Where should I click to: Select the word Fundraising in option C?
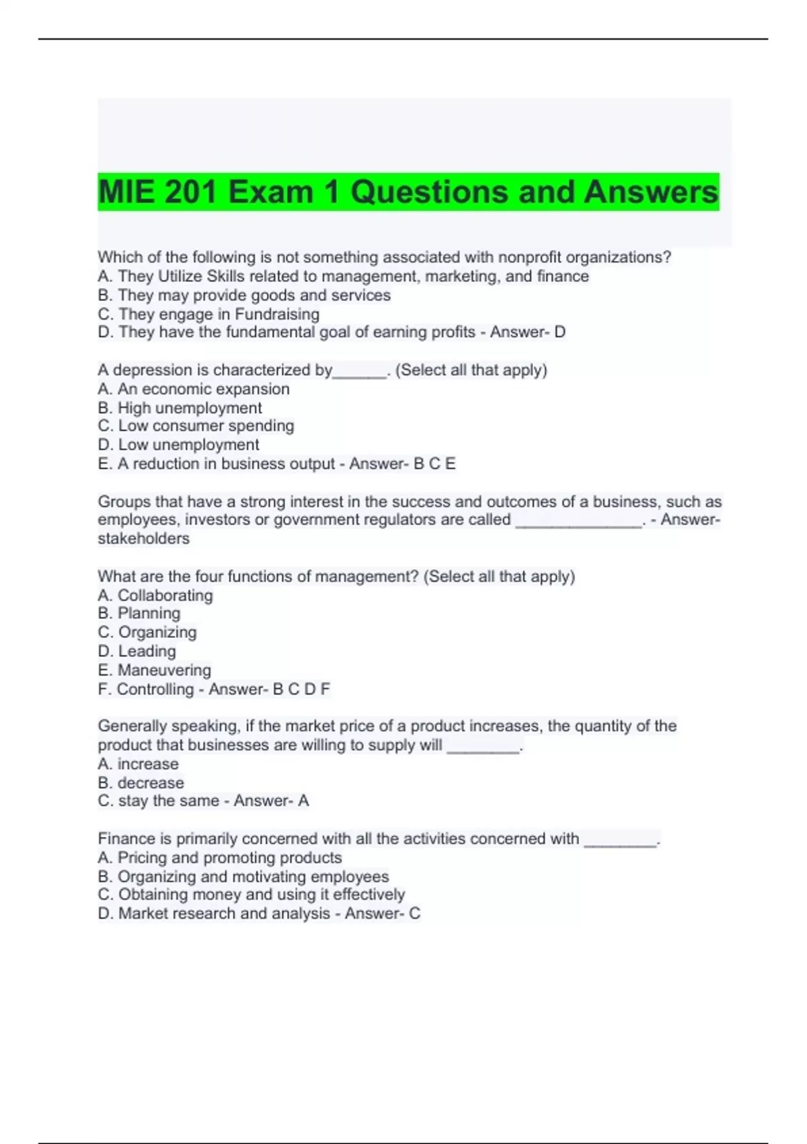pos(276,314)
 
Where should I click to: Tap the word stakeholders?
pos(143,538)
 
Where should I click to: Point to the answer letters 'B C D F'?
pos(301,689)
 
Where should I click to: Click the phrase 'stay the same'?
pos(168,801)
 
